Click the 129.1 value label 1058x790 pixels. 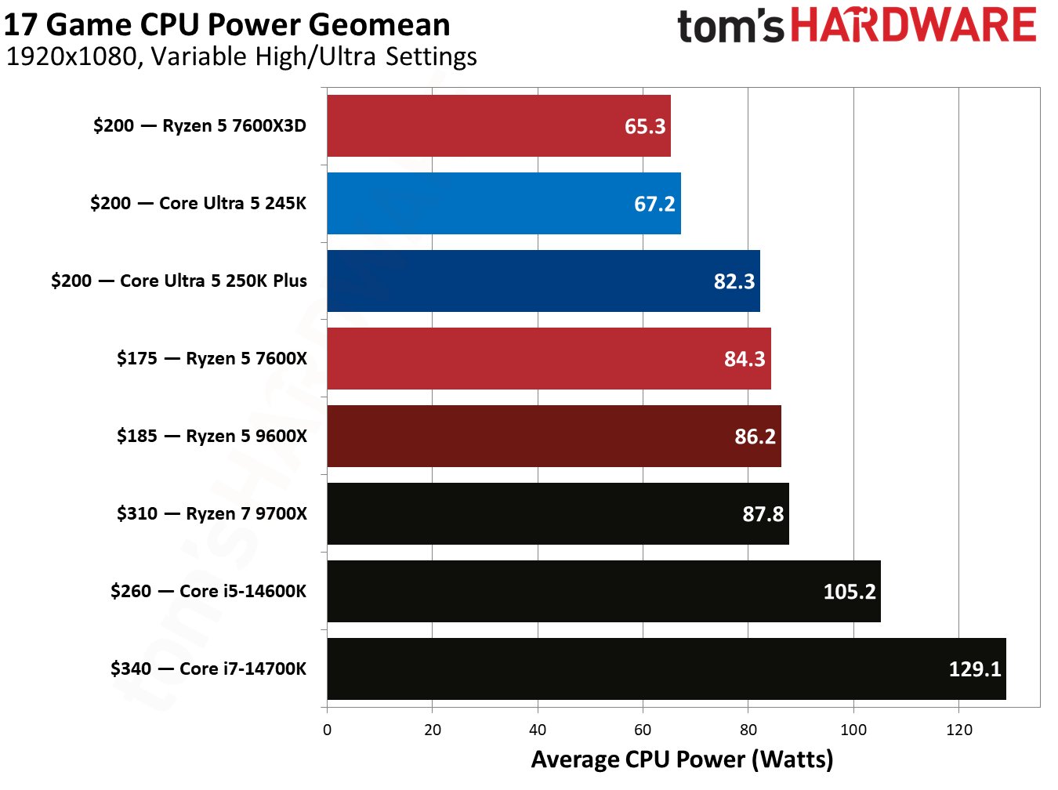coord(975,669)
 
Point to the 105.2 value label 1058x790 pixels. coord(850,591)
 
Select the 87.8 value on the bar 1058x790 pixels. coord(763,513)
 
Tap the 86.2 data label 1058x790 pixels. coord(755,436)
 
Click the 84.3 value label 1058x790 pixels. coord(745,358)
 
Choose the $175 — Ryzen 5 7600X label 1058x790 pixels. coord(212,358)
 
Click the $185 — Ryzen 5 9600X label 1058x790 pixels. coord(212,436)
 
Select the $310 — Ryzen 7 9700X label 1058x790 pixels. coord(212,513)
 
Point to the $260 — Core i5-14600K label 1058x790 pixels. coord(208,591)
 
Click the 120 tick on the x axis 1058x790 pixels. coord(958,730)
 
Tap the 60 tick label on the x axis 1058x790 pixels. coord(643,730)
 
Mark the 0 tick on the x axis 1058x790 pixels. coord(327,730)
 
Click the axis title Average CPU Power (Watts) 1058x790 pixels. coord(682,759)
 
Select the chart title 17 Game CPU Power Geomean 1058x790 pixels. coord(227,25)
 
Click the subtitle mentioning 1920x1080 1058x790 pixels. coord(241,56)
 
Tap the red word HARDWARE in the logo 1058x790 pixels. coord(913,25)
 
